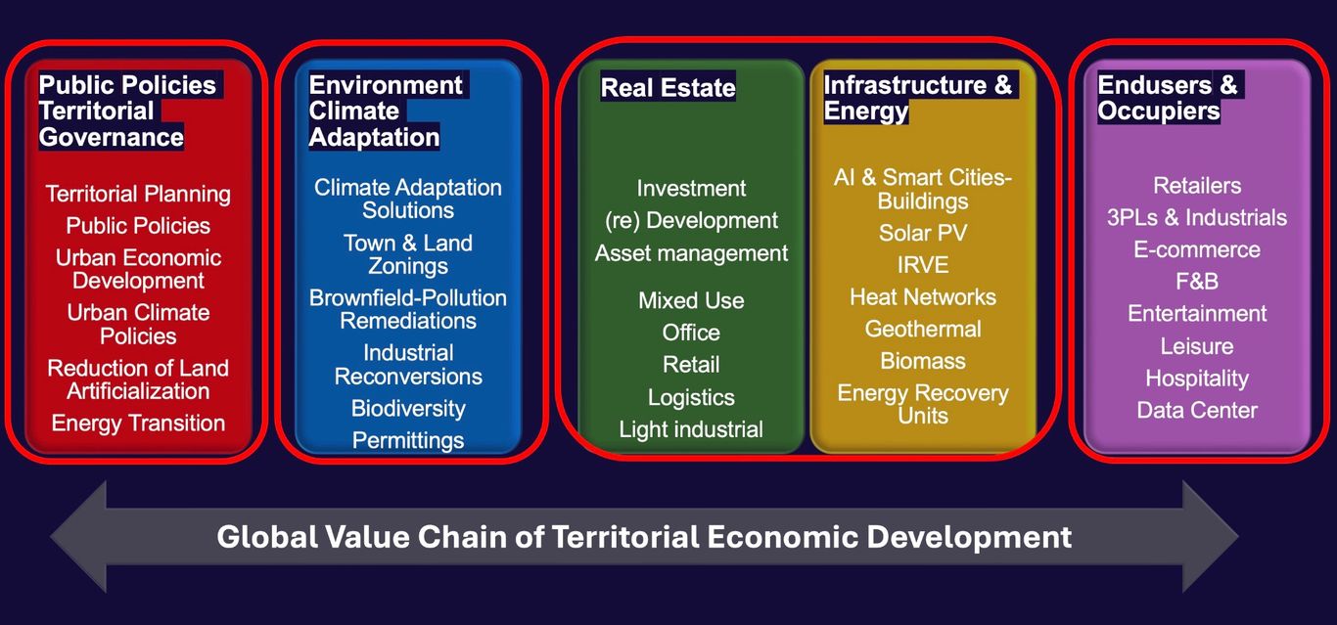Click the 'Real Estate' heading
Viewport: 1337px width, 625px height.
pyautogui.click(x=668, y=88)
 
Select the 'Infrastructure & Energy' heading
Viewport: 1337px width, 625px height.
pyautogui.click(x=917, y=98)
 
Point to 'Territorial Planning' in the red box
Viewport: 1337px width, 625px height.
pyautogui.click(x=138, y=195)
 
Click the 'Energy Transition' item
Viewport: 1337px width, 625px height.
pyautogui.click(x=138, y=423)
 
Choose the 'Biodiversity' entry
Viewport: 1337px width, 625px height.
pyautogui.click(x=408, y=409)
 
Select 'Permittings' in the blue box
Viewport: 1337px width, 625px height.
pyautogui.click(x=408, y=441)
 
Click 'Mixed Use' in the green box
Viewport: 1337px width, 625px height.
pyautogui.click(x=691, y=300)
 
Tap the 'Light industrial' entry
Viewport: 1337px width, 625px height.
pyautogui.click(x=691, y=429)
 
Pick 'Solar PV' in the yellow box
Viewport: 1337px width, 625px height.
pyautogui.click(x=923, y=233)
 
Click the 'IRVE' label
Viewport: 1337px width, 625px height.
pyautogui.click(x=923, y=265)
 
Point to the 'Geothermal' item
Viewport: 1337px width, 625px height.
pyautogui.click(x=923, y=329)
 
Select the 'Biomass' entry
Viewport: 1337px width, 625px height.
pyautogui.click(x=923, y=361)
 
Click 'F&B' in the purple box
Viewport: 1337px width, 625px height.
pyautogui.click(x=1197, y=281)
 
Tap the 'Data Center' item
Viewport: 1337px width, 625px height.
pyautogui.click(x=1197, y=410)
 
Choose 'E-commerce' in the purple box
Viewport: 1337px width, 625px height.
pyautogui.click(x=1197, y=249)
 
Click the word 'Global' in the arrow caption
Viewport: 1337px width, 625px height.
pyautogui.click(x=267, y=537)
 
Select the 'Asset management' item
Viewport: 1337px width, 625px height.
pyautogui.click(x=691, y=253)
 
